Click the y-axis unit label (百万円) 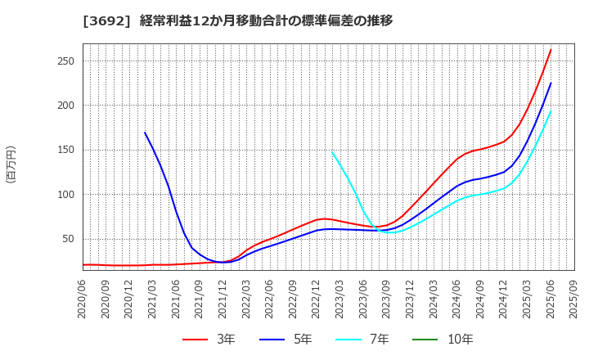point(11,164)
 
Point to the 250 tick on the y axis point(66,61)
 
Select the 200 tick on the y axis point(66,106)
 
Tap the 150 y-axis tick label point(66,151)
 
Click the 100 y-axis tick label point(66,195)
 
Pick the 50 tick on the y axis point(69,240)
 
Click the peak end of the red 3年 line point(551,50)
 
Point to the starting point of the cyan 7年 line point(332,151)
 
